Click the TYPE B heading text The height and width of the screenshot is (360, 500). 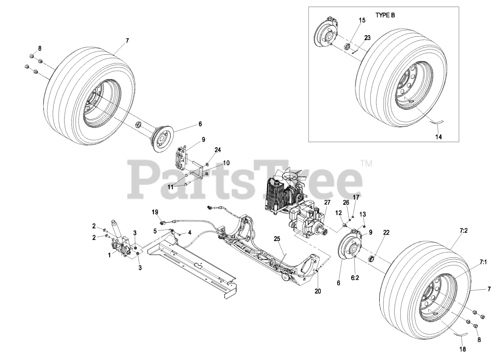tap(385, 15)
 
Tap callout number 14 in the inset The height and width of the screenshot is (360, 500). tap(439, 137)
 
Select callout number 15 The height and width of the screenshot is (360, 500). tap(362, 20)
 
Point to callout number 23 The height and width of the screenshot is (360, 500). tap(367, 38)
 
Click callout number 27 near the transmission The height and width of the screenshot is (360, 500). tap(327, 202)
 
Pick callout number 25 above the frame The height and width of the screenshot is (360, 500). tap(277, 239)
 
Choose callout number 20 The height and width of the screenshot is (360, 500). tap(318, 291)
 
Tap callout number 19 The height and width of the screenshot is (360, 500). tap(155, 212)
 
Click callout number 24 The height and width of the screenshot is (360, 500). tap(218, 150)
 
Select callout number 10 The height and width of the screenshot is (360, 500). tap(226, 163)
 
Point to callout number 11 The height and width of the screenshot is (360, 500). tap(171, 187)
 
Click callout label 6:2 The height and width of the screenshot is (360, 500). tap(355, 278)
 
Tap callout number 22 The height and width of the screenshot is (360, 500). tap(386, 233)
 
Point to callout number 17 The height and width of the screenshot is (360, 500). tap(356, 198)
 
